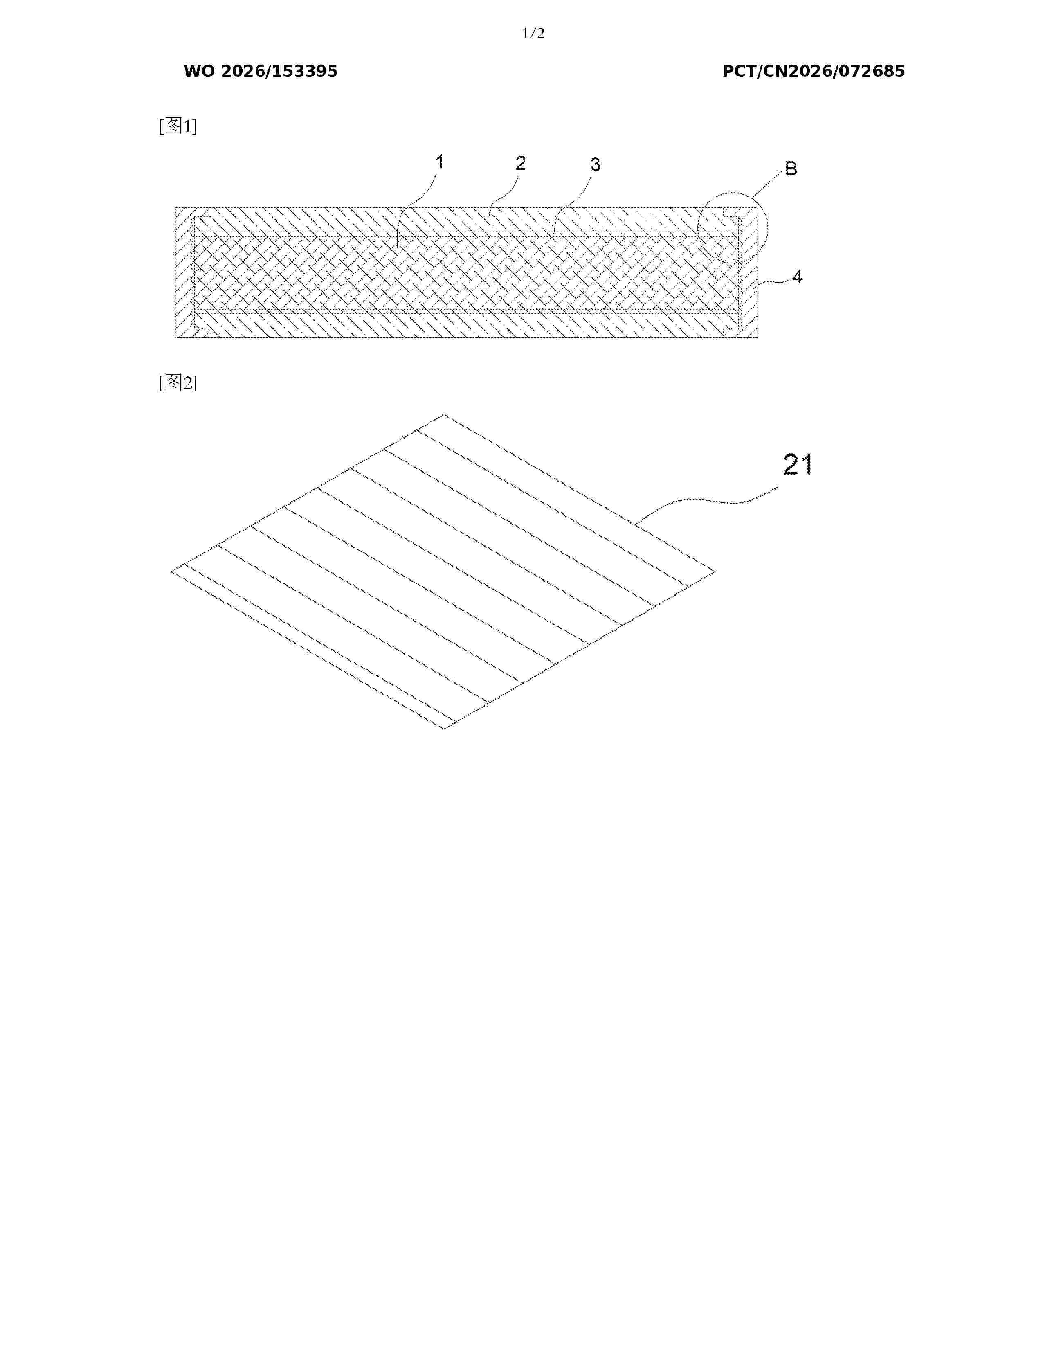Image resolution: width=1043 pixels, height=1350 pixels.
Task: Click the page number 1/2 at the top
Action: [533, 34]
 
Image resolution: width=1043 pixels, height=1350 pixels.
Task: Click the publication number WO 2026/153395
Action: [261, 72]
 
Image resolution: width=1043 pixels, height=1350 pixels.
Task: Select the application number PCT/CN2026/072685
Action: [814, 72]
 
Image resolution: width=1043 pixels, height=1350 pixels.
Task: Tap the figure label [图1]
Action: [178, 126]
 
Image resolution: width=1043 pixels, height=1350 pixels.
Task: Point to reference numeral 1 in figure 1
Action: [439, 162]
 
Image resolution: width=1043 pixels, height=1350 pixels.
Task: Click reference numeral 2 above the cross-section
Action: [520, 163]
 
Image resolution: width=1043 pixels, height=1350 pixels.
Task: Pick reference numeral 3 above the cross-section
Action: [595, 164]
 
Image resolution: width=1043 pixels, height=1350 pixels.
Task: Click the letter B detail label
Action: [791, 168]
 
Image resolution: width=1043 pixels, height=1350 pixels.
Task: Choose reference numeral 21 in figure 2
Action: [798, 464]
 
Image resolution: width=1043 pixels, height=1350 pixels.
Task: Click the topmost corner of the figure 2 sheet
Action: [444, 414]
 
